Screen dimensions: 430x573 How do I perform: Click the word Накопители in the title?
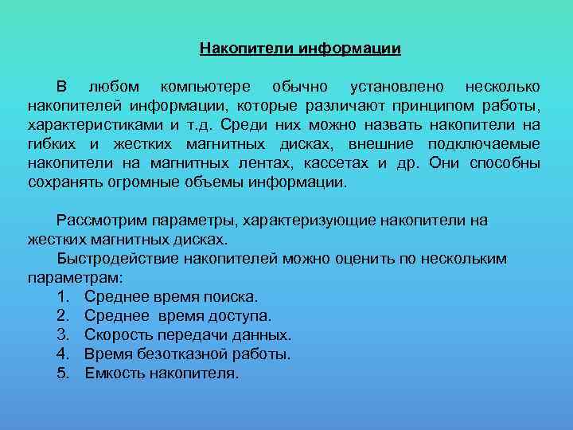(247, 49)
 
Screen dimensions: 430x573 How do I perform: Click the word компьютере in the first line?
(205, 86)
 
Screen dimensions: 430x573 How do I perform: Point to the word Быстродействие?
(119, 259)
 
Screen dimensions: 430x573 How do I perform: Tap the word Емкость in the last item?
(115, 373)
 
